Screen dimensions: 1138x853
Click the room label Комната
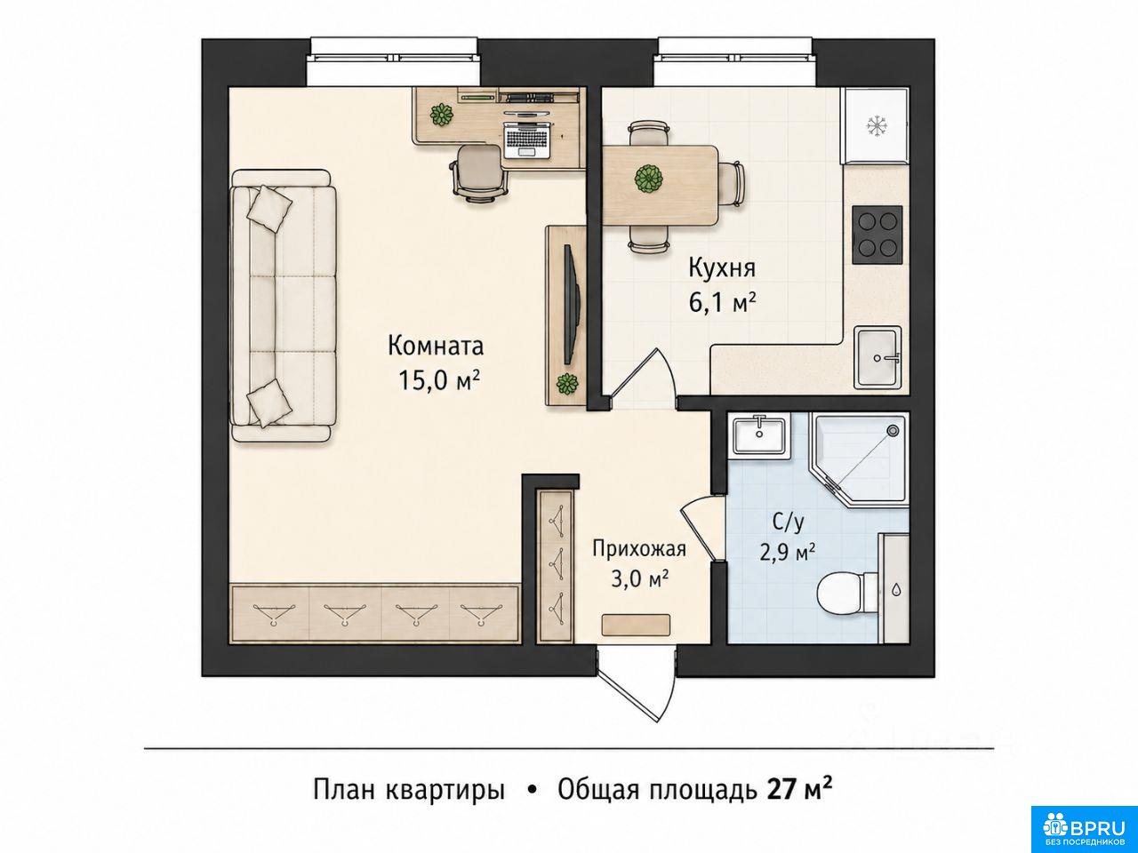(436, 346)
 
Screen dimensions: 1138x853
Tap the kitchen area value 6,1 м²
(721, 302)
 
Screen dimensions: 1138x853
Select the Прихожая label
(639, 549)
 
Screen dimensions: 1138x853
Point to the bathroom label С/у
(788, 523)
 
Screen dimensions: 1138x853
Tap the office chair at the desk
(479, 172)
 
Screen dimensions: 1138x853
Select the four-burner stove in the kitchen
(878, 235)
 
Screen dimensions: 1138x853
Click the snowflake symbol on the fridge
(877, 126)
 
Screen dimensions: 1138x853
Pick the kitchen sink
(878, 357)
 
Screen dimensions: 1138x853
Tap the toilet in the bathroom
(846, 594)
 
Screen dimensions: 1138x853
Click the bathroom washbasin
(759, 436)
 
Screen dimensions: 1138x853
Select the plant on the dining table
(649, 179)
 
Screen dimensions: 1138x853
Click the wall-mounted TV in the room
(572, 305)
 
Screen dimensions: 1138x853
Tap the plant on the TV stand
(567, 384)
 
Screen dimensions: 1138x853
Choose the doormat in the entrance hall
(636, 625)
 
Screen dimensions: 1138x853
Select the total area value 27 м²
(799, 790)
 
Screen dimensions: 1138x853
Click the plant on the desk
(441, 114)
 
